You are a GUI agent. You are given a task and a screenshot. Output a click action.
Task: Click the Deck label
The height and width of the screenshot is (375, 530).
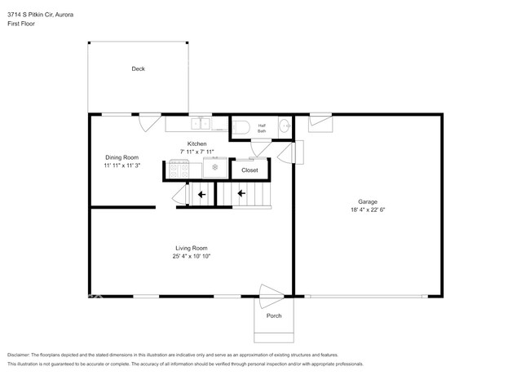[138, 69]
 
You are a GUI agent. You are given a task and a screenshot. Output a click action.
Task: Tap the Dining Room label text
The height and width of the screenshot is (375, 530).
[121, 157]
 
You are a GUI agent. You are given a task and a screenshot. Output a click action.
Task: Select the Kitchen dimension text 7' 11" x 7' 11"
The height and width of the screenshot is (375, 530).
[197, 152]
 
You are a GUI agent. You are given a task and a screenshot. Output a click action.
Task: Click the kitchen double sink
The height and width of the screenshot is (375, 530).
[201, 125]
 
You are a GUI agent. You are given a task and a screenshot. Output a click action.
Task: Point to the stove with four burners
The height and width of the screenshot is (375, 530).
[179, 170]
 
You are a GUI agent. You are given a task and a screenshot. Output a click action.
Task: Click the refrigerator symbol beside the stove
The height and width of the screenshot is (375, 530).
[215, 169]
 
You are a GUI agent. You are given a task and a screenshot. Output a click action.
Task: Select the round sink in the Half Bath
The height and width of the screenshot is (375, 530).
[284, 126]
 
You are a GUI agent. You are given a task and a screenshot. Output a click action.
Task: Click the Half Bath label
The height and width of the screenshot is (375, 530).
[262, 128]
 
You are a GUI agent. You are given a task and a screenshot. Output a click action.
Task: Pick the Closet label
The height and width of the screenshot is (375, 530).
[250, 170]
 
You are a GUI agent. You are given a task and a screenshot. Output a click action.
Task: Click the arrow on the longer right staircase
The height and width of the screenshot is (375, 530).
[241, 194]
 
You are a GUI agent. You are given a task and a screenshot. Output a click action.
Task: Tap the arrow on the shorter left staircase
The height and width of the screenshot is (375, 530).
[199, 194]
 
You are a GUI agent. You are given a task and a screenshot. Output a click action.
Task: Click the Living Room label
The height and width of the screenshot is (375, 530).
[192, 248]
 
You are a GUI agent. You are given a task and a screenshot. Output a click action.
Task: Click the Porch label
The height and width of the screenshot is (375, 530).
[274, 315]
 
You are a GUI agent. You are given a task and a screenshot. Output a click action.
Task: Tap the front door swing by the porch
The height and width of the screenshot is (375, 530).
[271, 293]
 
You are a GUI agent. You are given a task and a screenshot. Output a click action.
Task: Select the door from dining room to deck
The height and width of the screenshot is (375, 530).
[147, 123]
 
